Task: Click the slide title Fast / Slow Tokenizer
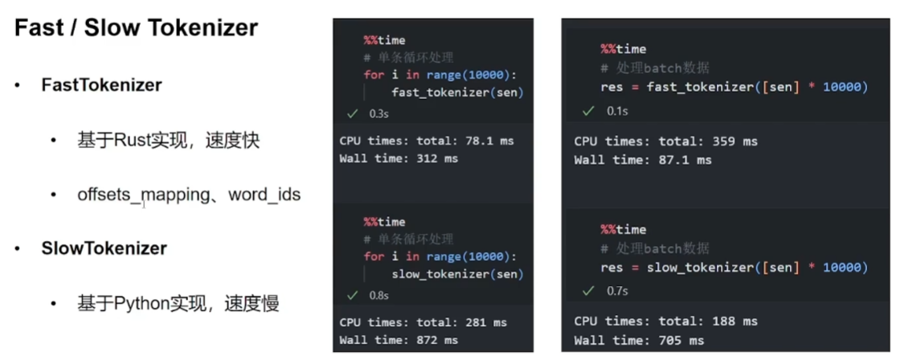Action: click(x=137, y=28)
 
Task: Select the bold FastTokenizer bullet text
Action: click(x=101, y=85)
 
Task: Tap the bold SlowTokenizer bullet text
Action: click(x=104, y=248)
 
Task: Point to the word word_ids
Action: click(x=264, y=194)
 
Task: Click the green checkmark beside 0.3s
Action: click(x=350, y=114)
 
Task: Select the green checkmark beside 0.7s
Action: click(x=588, y=288)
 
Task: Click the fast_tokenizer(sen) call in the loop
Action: click(x=457, y=92)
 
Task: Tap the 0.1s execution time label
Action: click(x=617, y=109)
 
